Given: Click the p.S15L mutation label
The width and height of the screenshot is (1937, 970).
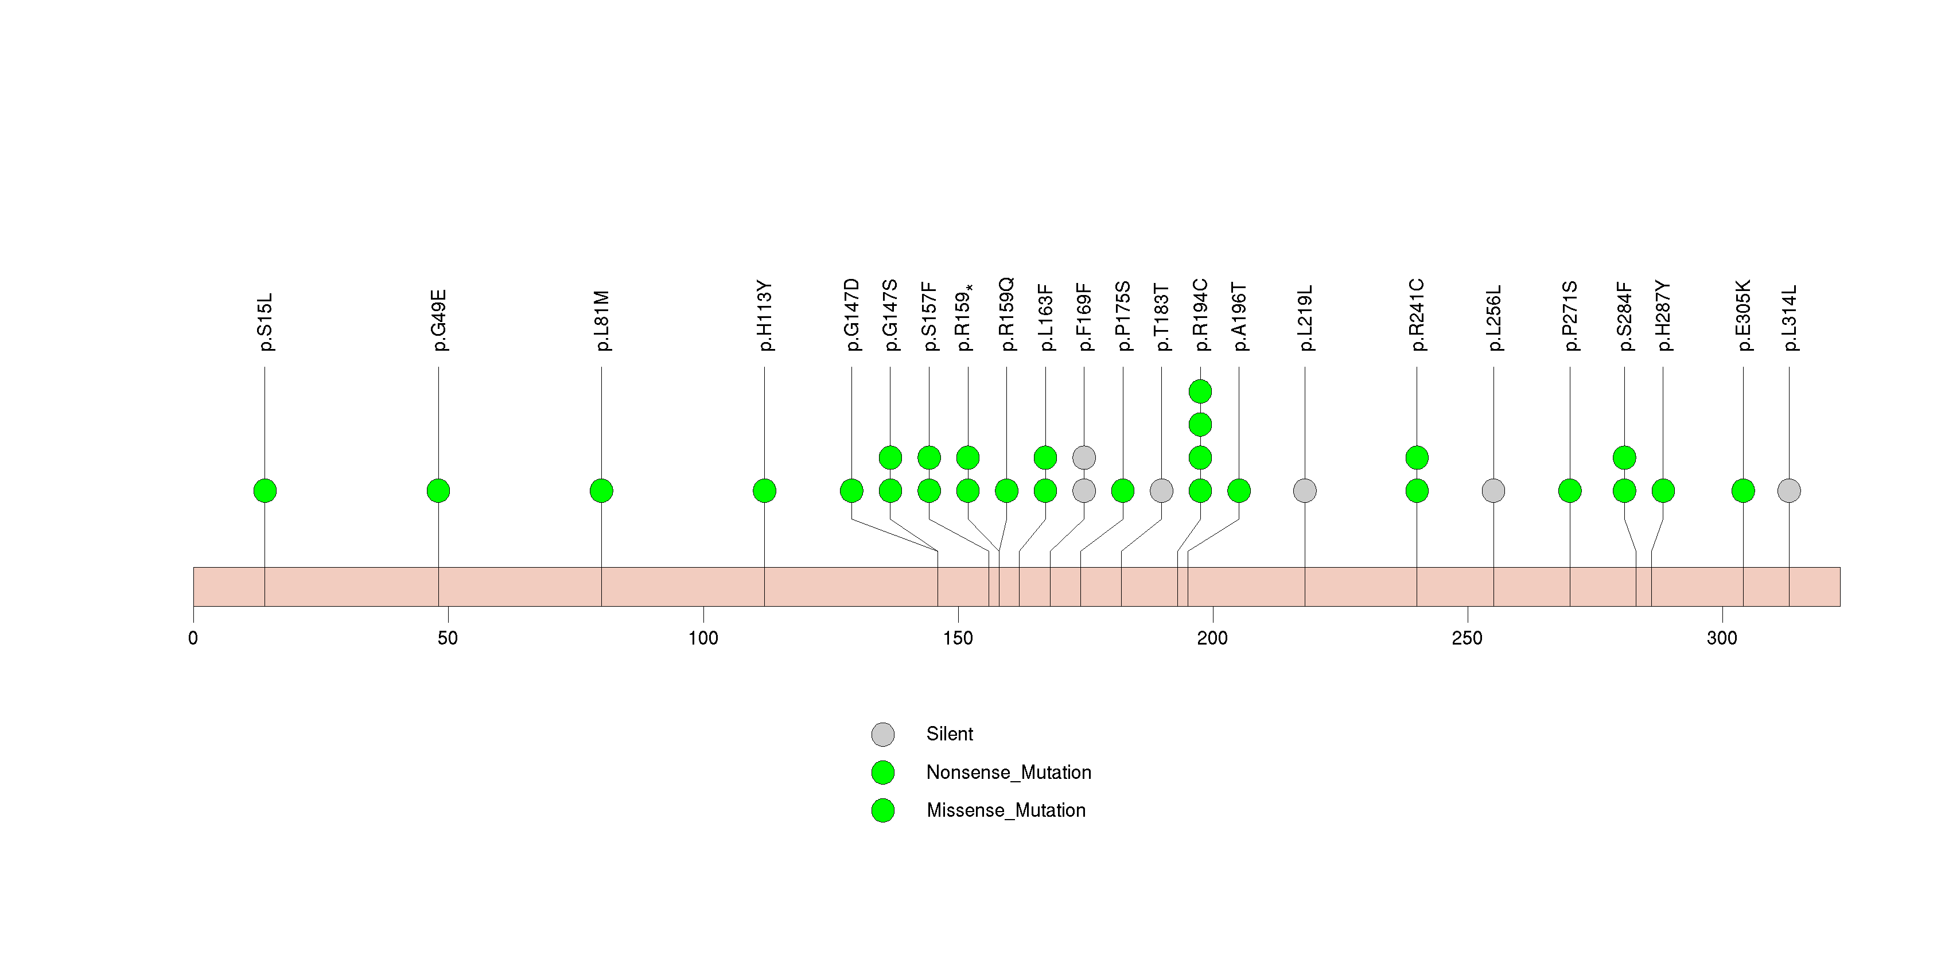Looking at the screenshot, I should click(265, 322).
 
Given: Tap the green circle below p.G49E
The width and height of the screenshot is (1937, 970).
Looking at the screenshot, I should click(438, 491).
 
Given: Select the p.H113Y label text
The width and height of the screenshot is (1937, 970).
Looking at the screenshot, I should click(765, 316).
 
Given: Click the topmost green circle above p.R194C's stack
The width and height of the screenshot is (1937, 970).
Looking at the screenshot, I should click(1200, 392).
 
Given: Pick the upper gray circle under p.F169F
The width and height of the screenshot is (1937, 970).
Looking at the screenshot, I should click(1084, 457).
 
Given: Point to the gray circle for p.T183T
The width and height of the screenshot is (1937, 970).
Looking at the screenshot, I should click(1161, 491).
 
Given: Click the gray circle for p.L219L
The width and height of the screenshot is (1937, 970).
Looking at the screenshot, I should click(1305, 491).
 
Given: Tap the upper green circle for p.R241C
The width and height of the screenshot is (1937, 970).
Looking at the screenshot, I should click(1417, 457).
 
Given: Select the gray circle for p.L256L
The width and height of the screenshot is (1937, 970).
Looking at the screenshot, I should click(1493, 491).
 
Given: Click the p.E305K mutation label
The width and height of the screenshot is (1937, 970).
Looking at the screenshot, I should click(1743, 316).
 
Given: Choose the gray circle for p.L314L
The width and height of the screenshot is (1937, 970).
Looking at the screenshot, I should click(1789, 491).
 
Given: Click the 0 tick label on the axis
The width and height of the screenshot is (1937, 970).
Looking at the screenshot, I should click(193, 638).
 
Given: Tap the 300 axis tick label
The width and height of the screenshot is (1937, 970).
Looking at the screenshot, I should click(1722, 638).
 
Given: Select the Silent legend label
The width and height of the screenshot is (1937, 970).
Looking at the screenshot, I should click(949, 734).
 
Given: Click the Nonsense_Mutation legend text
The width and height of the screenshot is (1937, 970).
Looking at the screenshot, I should click(1008, 772).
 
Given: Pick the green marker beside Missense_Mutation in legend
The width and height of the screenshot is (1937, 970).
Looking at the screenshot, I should click(883, 810).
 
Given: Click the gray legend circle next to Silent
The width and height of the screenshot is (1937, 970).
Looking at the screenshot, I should click(883, 734).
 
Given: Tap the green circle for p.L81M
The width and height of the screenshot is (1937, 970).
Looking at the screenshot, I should click(601, 491).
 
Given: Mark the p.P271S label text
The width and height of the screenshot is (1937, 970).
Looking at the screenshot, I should click(1569, 316).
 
